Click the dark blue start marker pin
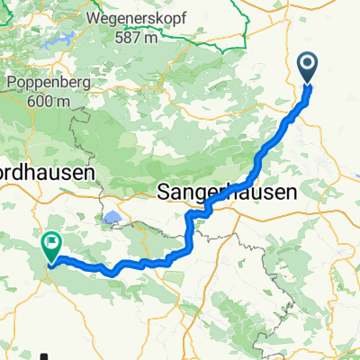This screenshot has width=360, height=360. click(x=308, y=66)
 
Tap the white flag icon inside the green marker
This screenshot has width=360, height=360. click(x=51, y=240)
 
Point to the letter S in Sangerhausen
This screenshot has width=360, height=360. click(x=166, y=192)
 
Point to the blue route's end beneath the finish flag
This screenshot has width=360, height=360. click(x=50, y=264)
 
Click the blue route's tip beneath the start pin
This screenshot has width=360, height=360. click(x=308, y=85)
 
